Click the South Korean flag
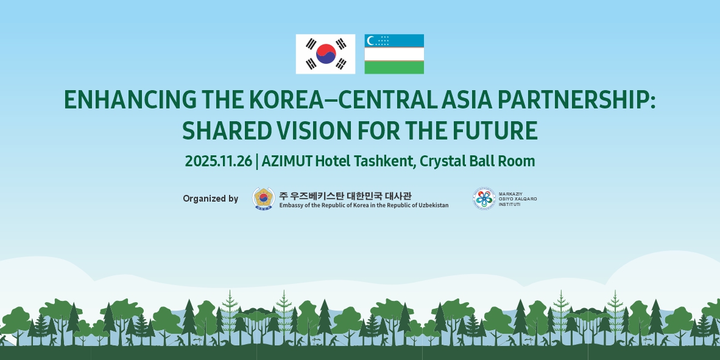click(325, 54)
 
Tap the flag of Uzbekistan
click(394, 54)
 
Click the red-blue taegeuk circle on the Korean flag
click(325, 54)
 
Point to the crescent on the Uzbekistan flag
click(370, 40)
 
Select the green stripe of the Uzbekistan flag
click(394, 68)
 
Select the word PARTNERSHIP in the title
click(569, 100)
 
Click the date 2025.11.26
click(219, 161)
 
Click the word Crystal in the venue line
click(442, 161)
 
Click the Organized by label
click(210, 199)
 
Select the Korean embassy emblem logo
click(263, 199)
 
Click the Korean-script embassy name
click(345, 195)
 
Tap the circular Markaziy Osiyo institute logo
click(484, 199)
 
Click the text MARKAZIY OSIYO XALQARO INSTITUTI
click(518, 199)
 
